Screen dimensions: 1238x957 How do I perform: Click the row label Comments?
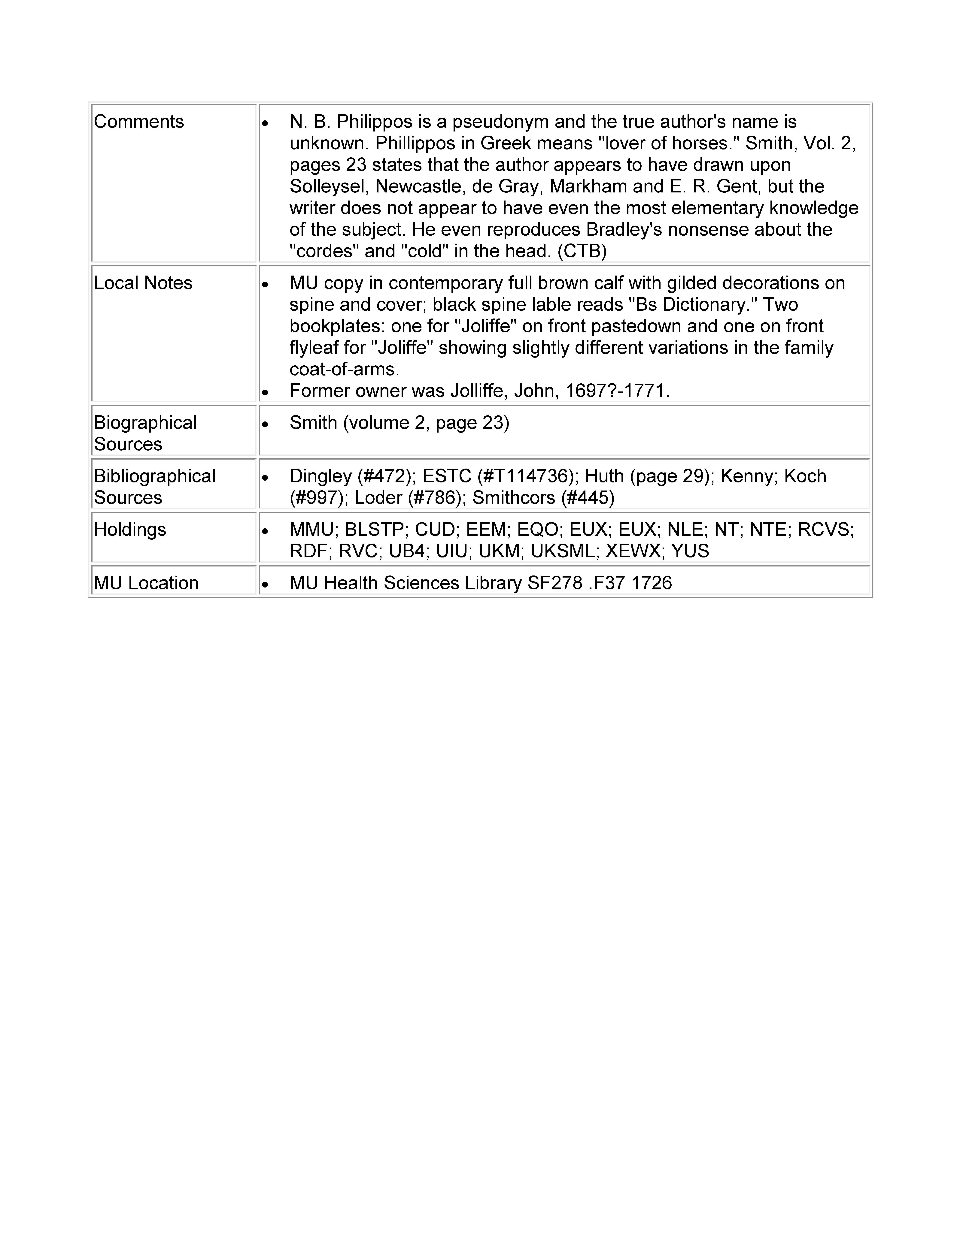coord(139,122)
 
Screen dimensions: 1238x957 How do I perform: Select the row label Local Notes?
coord(143,283)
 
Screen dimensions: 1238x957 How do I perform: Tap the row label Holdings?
coord(130,530)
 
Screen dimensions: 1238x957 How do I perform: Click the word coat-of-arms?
coord(344,370)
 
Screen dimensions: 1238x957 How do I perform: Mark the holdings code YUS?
coord(690,551)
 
